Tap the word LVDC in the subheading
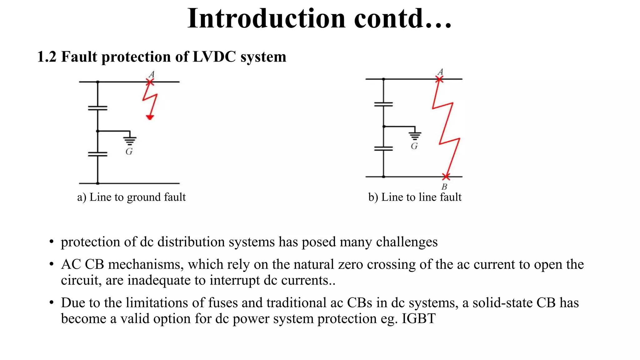pos(214,57)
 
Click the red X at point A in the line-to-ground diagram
pos(150,82)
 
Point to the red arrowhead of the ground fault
pos(150,117)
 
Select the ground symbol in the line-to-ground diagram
pos(130,141)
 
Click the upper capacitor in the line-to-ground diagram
pos(97,108)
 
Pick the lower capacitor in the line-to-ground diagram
pos(97,154)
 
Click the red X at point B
pos(446,177)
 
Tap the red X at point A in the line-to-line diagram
pos(439,79)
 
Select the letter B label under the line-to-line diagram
pos(444,187)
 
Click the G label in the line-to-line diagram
pos(414,146)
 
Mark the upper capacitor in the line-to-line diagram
pos(383,104)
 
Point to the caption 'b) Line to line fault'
pos(415,197)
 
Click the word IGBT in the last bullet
pos(418,319)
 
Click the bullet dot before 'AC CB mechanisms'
pos(52,264)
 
